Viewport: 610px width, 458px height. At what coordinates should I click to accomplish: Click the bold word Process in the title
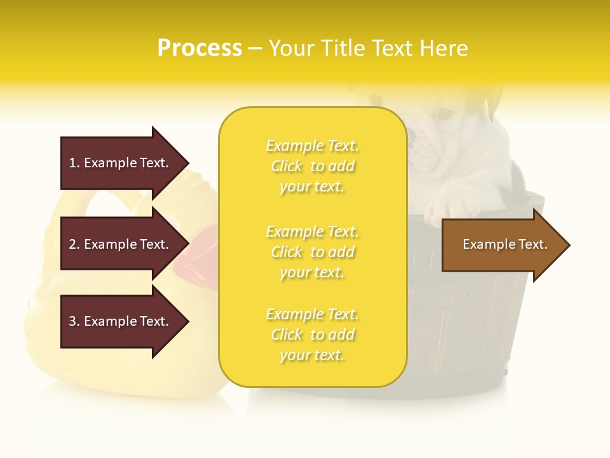click(x=200, y=48)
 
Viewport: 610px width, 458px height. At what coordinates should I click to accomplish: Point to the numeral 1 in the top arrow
click(x=72, y=163)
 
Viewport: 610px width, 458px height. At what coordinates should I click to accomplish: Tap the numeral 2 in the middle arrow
click(x=72, y=244)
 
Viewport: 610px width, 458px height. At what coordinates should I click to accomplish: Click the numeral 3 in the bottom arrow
click(x=72, y=321)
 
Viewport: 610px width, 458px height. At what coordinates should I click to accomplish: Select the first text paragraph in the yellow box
click(x=312, y=166)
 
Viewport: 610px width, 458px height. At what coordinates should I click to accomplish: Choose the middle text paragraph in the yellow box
click(x=312, y=252)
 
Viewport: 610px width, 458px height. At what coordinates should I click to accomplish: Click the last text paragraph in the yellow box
click(x=312, y=335)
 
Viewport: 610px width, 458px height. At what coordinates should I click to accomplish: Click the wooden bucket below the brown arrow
click(x=470, y=318)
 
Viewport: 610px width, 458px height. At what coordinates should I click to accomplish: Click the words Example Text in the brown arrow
click(x=505, y=244)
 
